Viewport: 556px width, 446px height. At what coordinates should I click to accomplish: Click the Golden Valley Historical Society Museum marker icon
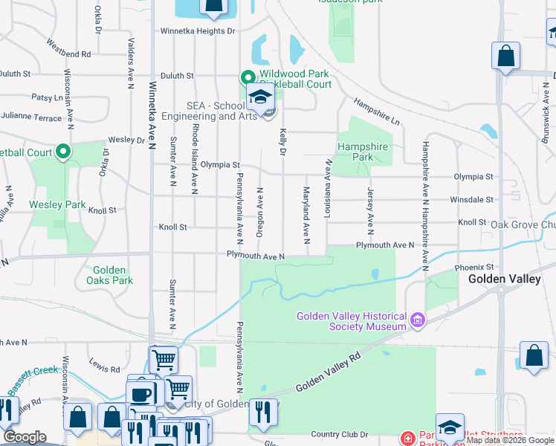(418, 321)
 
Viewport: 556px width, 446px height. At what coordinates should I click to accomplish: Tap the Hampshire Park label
(363, 152)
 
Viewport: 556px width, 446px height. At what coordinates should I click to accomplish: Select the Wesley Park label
(57, 204)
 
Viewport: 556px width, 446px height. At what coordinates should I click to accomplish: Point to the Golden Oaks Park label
(109, 275)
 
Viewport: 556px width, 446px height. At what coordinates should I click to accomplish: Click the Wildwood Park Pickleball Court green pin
(248, 77)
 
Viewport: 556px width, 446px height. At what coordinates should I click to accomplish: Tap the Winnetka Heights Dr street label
(198, 31)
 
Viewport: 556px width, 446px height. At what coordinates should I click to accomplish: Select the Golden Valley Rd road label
(327, 374)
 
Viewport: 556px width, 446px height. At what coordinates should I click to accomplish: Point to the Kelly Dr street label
(283, 141)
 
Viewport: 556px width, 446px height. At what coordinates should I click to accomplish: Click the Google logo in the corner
(25, 437)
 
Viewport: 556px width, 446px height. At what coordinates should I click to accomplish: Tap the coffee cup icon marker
(140, 393)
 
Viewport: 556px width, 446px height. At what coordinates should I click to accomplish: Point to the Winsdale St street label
(471, 199)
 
